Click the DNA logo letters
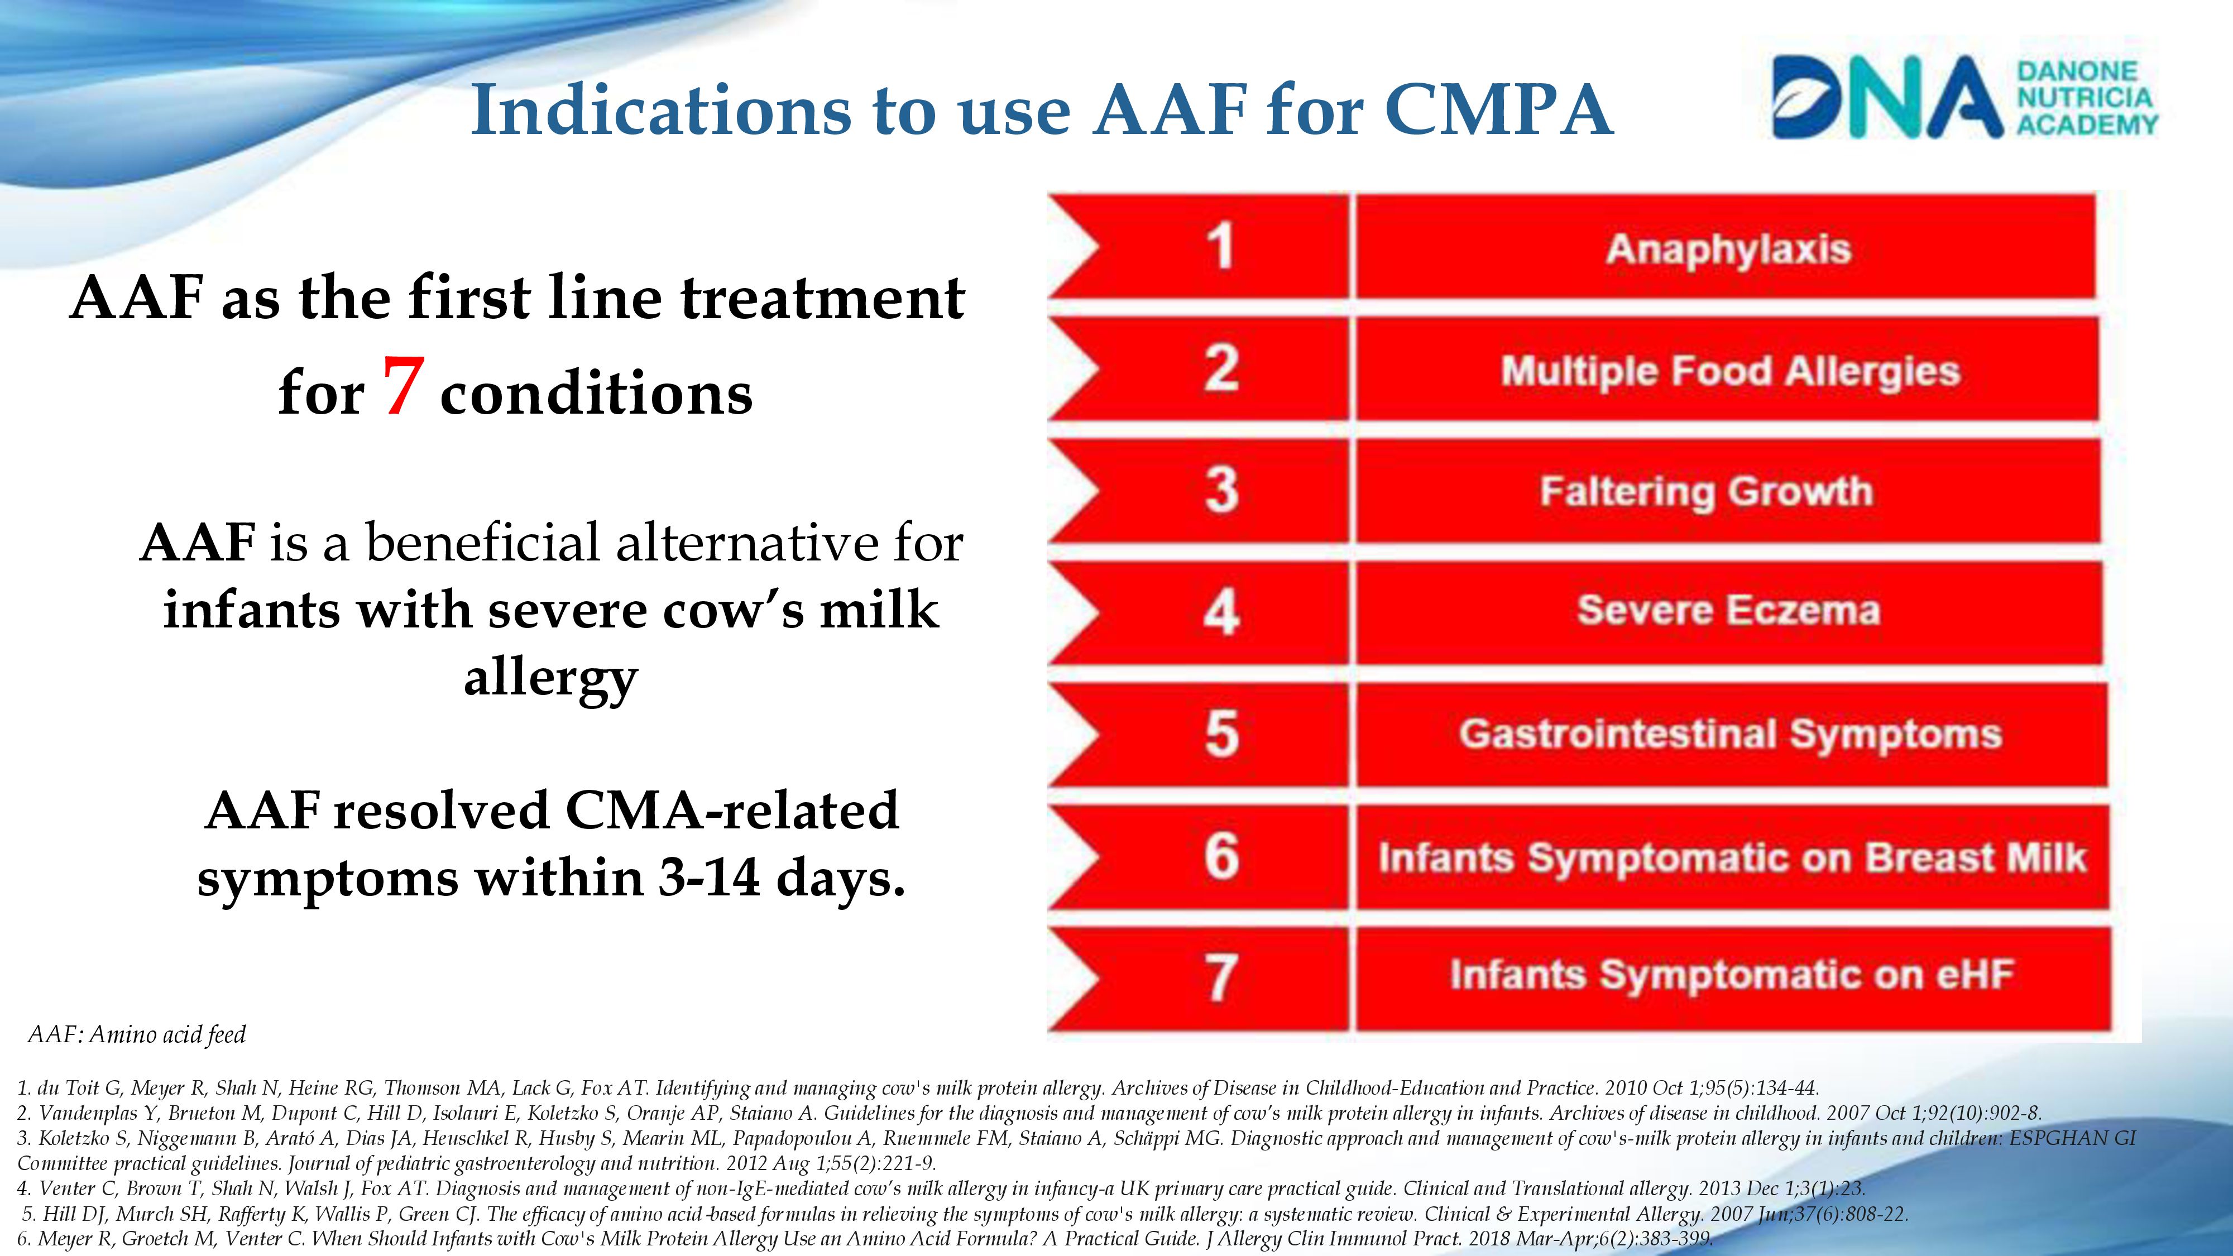(x=1888, y=97)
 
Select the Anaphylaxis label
(x=1728, y=250)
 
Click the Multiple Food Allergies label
(x=1730, y=372)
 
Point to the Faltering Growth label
(x=1706, y=491)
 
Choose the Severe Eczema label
(x=1728, y=610)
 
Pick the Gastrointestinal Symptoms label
(x=1730, y=734)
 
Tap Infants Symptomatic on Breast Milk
(x=1732, y=858)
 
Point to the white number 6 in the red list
(x=1221, y=856)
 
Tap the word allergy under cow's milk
(x=552, y=679)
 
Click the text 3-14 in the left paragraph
(x=708, y=878)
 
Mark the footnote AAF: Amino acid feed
(x=137, y=1034)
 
